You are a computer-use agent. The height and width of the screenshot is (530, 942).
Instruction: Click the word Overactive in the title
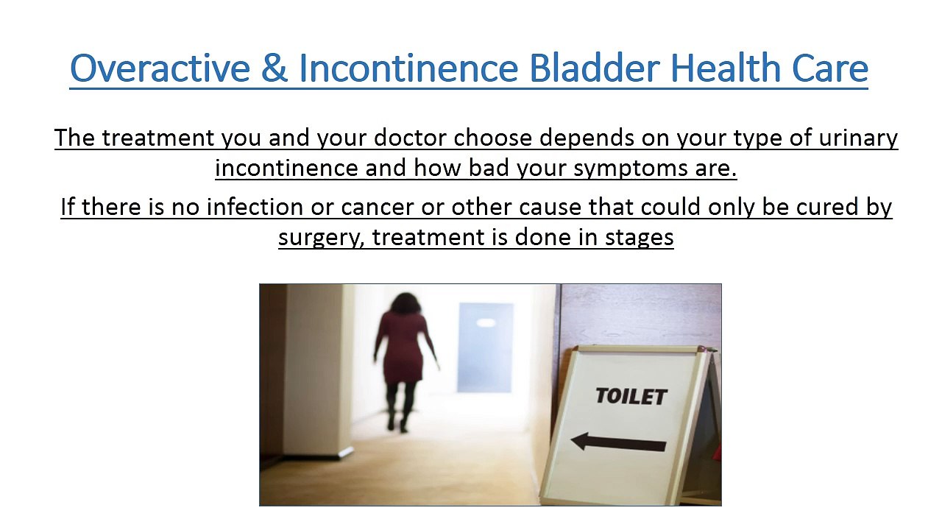click(160, 68)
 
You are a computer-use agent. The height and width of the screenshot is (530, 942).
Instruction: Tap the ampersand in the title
click(274, 68)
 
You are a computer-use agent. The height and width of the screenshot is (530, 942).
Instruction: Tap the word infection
click(255, 207)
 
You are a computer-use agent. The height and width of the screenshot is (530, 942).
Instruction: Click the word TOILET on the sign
click(631, 396)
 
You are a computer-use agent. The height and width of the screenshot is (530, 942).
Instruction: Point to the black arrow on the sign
click(618, 442)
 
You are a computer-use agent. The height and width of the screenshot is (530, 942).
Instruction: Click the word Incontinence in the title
click(408, 68)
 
